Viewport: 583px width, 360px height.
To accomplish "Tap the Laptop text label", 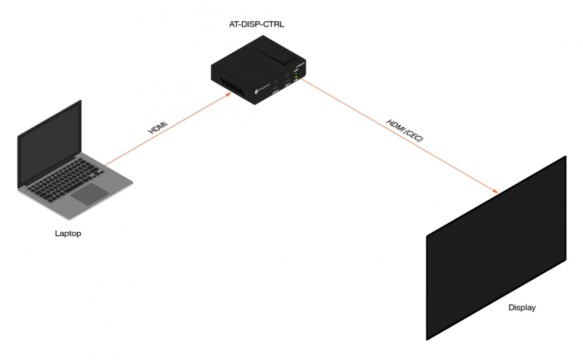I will (x=68, y=234).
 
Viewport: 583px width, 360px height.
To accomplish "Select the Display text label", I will (x=521, y=308).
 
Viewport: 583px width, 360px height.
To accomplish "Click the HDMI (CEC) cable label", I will (x=405, y=129).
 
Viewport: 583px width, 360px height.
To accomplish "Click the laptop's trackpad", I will (x=90, y=193).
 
